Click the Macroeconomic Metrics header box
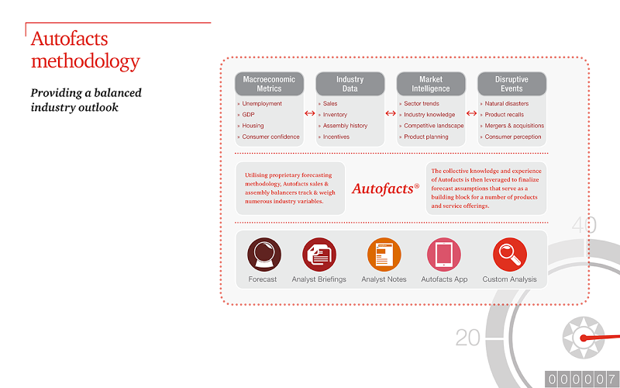pyautogui.click(x=269, y=84)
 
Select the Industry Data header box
pyautogui.click(x=350, y=84)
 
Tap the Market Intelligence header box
pyautogui.click(x=431, y=84)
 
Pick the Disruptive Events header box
pyautogui.click(x=512, y=84)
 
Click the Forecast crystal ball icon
pyautogui.click(x=264, y=255)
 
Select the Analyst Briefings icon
pyautogui.click(x=319, y=255)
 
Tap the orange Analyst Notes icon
pyautogui.click(x=384, y=255)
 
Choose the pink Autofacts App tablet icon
pyautogui.click(x=444, y=255)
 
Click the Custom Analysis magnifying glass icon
pyautogui.click(x=510, y=255)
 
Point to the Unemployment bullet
pyautogui.click(x=262, y=103)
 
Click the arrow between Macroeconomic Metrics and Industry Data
pyautogui.click(x=309, y=113)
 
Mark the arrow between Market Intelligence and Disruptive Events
pyautogui.click(x=471, y=113)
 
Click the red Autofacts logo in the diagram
pyautogui.click(x=385, y=189)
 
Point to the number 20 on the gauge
pyautogui.click(x=468, y=338)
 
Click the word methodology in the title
pyautogui.click(x=85, y=62)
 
